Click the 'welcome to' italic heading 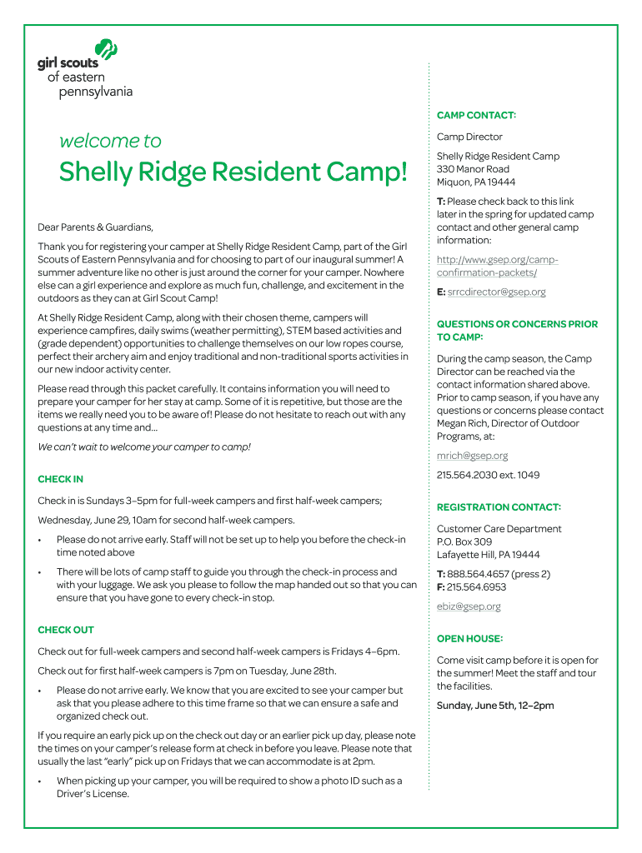point(110,141)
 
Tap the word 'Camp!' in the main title point(368,172)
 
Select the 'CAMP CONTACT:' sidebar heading point(476,115)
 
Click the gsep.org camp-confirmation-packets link point(497,266)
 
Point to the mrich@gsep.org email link point(472,456)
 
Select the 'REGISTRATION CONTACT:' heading point(499,506)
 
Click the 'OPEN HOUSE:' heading point(469,638)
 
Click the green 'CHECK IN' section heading point(60,479)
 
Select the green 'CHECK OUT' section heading point(66,630)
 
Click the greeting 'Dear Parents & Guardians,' point(96,227)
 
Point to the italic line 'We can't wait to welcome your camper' point(144,447)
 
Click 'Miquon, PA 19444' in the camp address point(476,182)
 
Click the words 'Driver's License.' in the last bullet point(93,794)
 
